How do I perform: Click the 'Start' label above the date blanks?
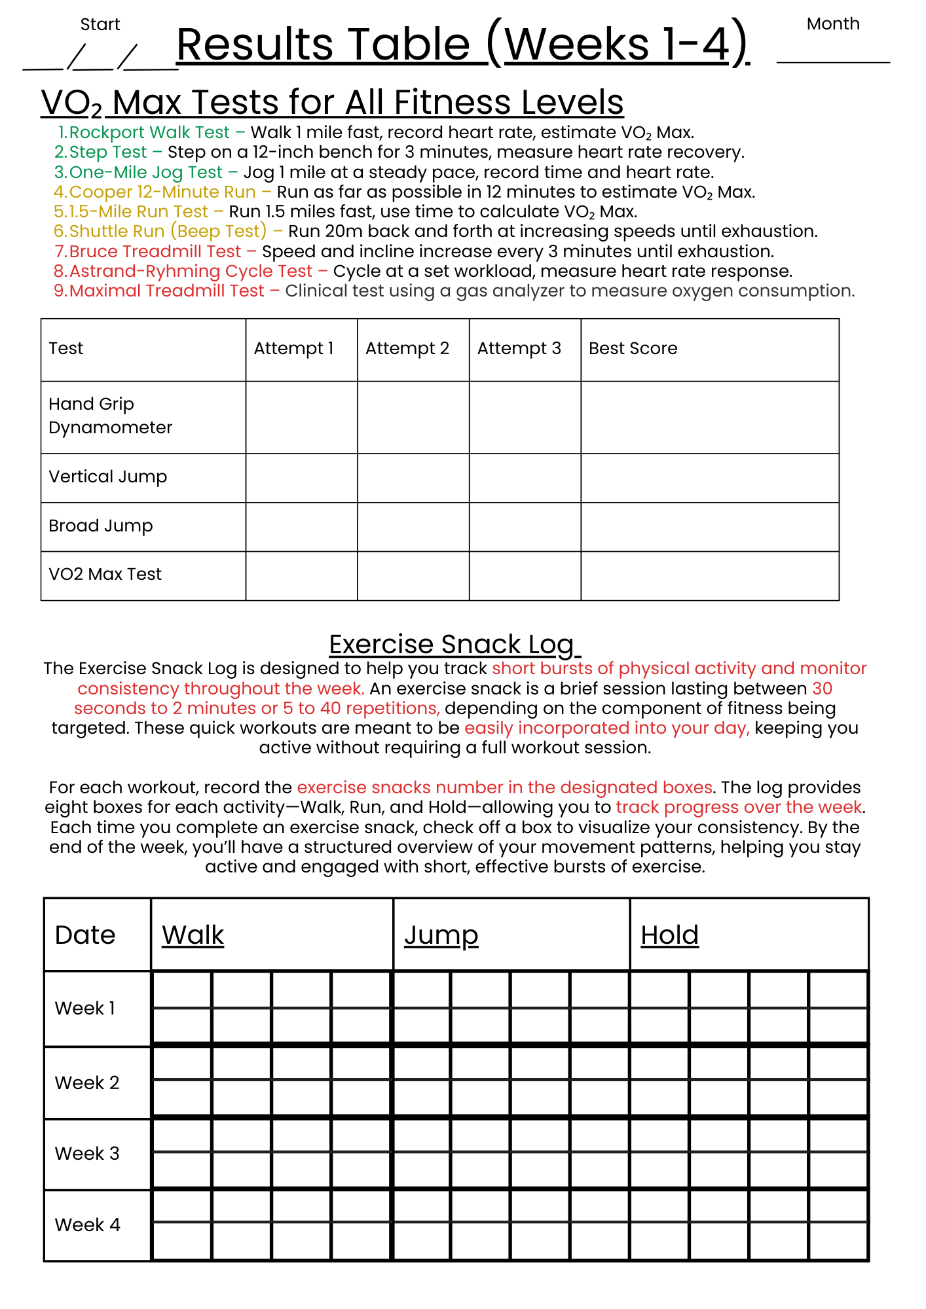pyautogui.click(x=100, y=24)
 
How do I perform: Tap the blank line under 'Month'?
pyautogui.click(x=832, y=62)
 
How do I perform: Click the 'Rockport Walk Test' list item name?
pyautogui.click(x=149, y=132)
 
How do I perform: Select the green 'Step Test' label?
pyautogui.click(x=108, y=152)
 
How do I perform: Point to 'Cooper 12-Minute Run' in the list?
pyautogui.click(x=162, y=192)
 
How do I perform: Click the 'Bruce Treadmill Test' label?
pyautogui.click(x=155, y=251)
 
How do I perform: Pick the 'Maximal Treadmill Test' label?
pyautogui.click(x=166, y=291)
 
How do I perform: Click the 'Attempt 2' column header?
pyautogui.click(x=407, y=348)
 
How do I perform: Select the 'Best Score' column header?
pyautogui.click(x=633, y=348)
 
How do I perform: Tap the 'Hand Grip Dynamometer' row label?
pyautogui.click(x=110, y=416)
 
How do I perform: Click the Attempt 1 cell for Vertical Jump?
pyautogui.click(x=301, y=478)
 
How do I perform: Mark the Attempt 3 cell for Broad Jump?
pyautogui.click(x=525, y=527)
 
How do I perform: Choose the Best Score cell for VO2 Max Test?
pyautogui.click(x=709, y=575)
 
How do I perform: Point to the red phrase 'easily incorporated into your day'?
pyautogui.click(x=606, y=728)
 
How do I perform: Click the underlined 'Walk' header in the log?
pyautogui.click(x=193, y=935)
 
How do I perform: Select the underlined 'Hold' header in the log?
pyautogui.click(x=669, y=935)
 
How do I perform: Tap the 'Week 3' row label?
pyautogui.click(x=87, y=1153)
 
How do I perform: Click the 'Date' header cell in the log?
pyautogui.click(x=85, y=935)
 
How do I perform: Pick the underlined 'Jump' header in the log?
pyautogui.click(x=441, y=935)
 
